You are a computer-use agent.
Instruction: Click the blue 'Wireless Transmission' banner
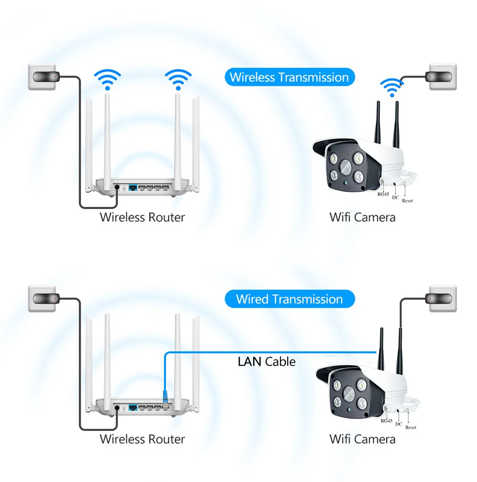pos(290,77)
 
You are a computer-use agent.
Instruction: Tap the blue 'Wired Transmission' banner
pos(290,299)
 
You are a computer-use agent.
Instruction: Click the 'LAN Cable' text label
pos(267,362)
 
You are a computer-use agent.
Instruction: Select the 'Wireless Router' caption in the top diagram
pos(142,217)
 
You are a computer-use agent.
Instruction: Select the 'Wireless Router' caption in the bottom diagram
pos(142,439)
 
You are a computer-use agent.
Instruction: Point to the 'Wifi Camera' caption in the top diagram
pos(363,217)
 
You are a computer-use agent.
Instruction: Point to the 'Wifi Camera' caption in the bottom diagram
pos(363,439)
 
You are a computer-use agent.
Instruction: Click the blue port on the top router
pos(133,187)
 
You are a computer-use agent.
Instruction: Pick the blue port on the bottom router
pos(133,408)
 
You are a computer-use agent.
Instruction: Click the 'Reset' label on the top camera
pos(407,201)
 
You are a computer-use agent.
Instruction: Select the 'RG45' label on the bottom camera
pos(386,420)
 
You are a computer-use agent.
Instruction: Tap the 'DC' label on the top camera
pos(395,198)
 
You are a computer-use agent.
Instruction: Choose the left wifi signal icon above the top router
pos(107,80)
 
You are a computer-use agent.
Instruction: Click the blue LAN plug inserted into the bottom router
pos(166,397)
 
